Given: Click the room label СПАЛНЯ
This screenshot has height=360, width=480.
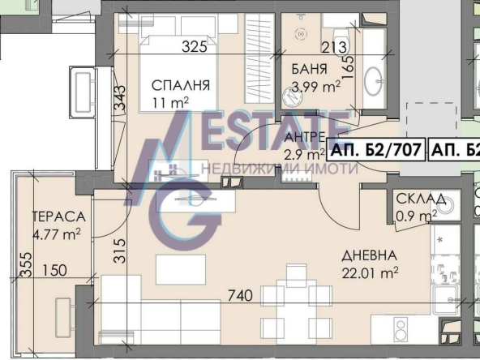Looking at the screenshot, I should pyautogui.click(x=180, y=85).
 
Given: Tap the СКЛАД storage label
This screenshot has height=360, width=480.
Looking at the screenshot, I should pyautogui.click(x=420, y=199).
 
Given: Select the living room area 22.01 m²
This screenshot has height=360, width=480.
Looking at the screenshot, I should pyautogui.click(x=372, y=273).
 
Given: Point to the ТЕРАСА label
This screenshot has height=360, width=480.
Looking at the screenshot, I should pyautogui.click(x=58, y=217).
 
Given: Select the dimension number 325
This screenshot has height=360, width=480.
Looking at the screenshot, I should pyautogui.click(x=194, y=47).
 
